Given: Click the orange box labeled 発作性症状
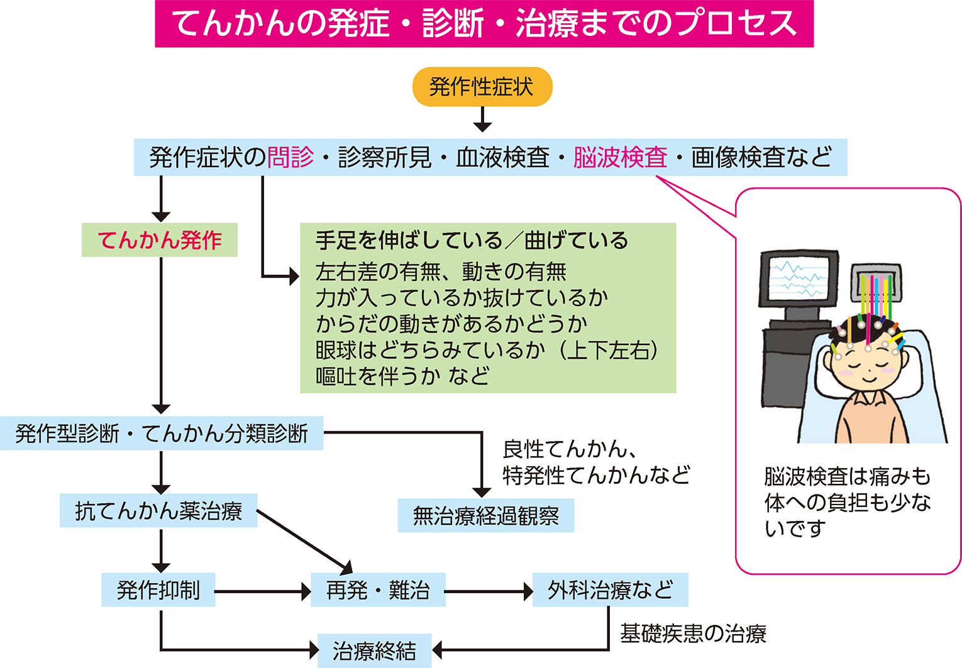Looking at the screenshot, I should click(x=482, y=87).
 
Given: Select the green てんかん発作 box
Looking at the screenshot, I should click(x=160, y=240).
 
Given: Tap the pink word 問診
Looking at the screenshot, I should click(x=290, y=157).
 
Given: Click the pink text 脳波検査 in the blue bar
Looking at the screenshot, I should click(x=620, y=157).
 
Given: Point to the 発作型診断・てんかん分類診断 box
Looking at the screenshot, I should click(x=162, y=433).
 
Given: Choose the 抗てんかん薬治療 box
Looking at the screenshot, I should click(x=158, y=510).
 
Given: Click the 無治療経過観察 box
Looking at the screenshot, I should click(x=485, y=516).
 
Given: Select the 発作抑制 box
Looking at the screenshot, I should click(x=158, y=589).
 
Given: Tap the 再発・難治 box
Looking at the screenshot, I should click(x=378, y=589).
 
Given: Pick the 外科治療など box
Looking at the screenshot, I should click(x=610, y=589).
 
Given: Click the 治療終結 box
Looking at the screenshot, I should click(x=374, y=650).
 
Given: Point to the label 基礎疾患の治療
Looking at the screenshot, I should click(x=693, y=633).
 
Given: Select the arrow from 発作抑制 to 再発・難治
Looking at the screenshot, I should click(x=263, y=591).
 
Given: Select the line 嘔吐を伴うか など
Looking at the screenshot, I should click(x=403, y=376).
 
